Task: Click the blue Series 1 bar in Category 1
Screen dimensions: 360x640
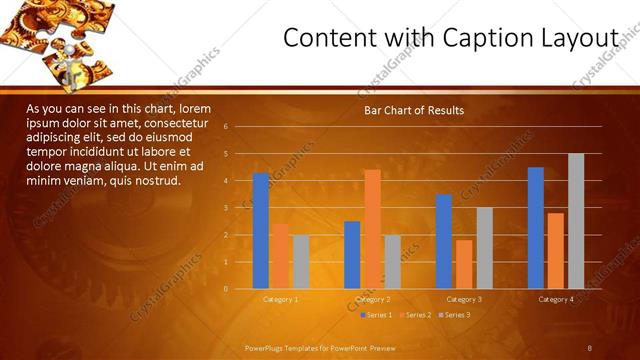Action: click(x=261, y=231)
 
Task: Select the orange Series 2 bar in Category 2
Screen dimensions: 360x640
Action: click(x=372, y=229)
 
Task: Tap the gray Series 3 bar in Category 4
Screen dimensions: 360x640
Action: click(x=576, y=221)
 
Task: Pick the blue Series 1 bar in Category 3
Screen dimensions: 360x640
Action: click(x=444, y=241)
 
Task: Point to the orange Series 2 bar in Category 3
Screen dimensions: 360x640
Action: click(x=464, y=264)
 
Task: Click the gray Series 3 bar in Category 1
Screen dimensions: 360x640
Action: click(x=301, y=262)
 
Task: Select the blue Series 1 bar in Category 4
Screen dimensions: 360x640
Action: click(x=536, y=228)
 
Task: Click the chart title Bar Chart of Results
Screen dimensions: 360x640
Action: click(x=413, y=110)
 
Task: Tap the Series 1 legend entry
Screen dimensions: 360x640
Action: click(x=376, y=315)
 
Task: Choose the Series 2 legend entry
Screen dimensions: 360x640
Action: click(x=415, y=315)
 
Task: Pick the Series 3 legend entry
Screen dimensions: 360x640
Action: click(x=454, y=315)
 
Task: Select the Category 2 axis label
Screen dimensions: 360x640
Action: click(x=372, y=299)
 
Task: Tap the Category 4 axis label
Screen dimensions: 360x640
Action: click(x=556, y=299)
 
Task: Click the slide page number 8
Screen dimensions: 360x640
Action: click(x=590, y=347)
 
